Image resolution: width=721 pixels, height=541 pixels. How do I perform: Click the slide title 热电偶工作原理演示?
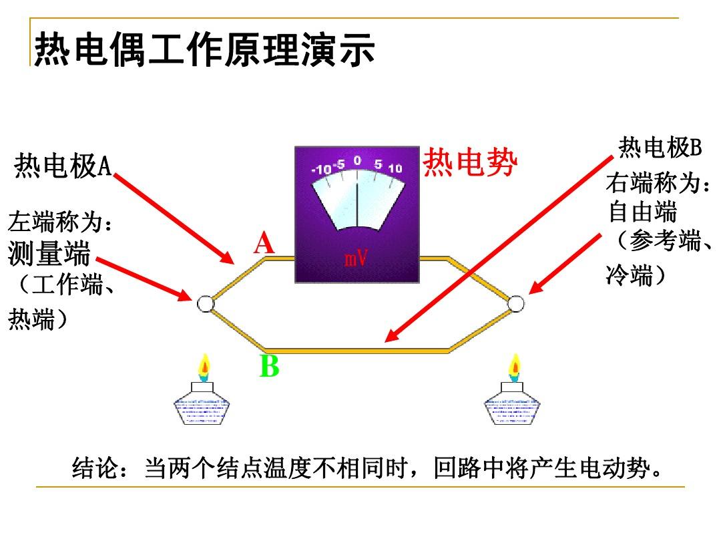(x=205, y=49)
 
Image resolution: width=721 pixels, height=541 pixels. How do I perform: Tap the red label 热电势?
(x=469, y=162)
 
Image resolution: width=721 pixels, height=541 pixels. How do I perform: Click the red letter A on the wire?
(x=264, y=243)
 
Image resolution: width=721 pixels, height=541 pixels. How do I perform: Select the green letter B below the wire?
(x=269, y=366)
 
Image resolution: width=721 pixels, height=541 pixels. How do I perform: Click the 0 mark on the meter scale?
(x=357, y=160)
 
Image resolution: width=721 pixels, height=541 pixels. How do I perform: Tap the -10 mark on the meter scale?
(x=321, y=169)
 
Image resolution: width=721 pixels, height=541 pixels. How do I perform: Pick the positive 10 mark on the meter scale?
(x=395, y=168)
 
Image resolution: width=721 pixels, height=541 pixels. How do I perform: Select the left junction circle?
(x=205, y=304)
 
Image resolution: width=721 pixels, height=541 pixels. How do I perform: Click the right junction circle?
(x=515, y=304)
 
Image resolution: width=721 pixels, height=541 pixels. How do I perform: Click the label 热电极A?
(x=63, y=166)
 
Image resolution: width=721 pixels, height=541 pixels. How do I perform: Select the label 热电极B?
(x=660, y=148)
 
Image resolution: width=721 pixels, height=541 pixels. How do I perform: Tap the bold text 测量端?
(x=49, y=254)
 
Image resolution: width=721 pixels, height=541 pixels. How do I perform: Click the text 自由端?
(x=642, y=212)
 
